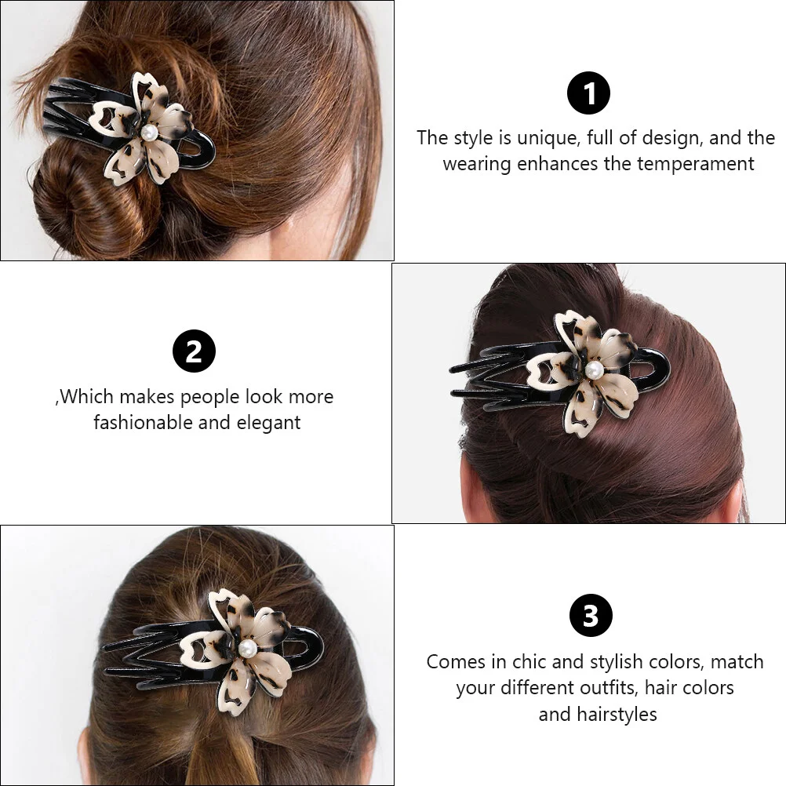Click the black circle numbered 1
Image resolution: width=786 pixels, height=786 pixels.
coord(588,93)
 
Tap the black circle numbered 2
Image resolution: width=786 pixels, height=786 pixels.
coord(194,351)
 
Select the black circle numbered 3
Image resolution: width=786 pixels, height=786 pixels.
coord(591,615)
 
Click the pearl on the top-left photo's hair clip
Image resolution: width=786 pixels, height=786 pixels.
coord(149,133)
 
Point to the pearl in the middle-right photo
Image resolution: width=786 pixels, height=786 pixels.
coord(594,370)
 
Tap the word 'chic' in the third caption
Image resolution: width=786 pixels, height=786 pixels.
coord(526,662)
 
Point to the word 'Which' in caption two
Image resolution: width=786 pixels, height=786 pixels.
coord(87,396)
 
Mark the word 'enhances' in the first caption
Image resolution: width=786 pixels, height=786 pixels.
coord(560,164)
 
